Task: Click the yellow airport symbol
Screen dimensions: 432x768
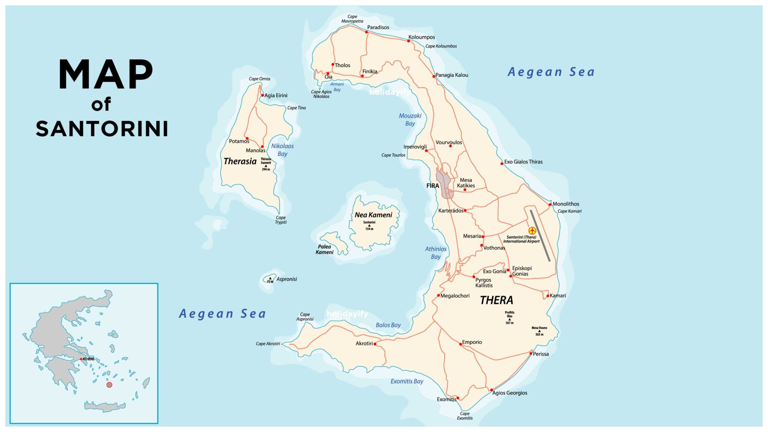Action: click(x=532, y=231)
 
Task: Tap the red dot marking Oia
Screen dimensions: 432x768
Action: click(x=328, y=73)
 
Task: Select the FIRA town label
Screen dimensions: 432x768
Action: click(x=432, y=186)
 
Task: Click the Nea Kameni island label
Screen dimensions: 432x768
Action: click(x=373, y=215)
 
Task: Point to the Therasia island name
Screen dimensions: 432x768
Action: click(x=240, y=161)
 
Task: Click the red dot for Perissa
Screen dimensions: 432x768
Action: click(x=531, y=353)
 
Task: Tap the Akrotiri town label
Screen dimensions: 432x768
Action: click(x=364, y=343)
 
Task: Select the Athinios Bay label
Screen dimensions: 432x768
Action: click(x=435, y=253)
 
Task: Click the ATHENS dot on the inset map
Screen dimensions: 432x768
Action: click(x=81, y=359)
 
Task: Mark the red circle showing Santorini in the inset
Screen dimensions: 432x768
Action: click(x=109, y=385)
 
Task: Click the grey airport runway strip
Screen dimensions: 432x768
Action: click(x=540, y=235)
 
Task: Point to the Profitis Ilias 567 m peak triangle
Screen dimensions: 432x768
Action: click(x=509, y=319)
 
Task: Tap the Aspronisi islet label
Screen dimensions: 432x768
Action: click(x=286, y=279)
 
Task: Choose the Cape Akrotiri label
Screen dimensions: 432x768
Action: click(x=268, y=343)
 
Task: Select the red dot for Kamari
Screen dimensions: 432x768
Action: click(x=547, y=296)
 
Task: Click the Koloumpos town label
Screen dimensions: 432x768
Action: click(x=421, y=37)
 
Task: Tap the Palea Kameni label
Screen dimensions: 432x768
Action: click(x=324, y=249)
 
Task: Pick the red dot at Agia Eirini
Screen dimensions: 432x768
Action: click(x=262, y=95)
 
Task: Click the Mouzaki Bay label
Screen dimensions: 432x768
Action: click(x=410, y=120)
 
